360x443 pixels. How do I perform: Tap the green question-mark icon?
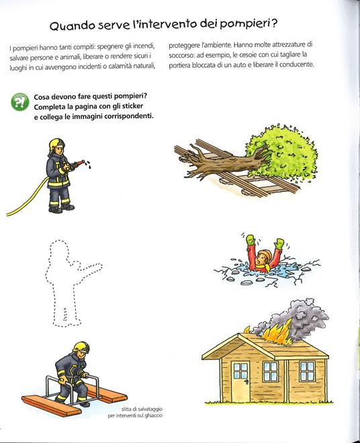coord(19,102)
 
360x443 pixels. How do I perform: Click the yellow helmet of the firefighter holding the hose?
coord(56,144)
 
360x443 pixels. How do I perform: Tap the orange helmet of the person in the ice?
coord(265,256)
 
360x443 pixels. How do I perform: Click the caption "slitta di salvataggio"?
coord(142,409)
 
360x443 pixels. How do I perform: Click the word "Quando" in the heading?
coord(73,26)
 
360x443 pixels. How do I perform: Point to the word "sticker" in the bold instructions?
coord(132,107)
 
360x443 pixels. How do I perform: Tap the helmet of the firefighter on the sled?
coord(82,346)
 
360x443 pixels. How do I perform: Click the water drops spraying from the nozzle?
coord(89,164)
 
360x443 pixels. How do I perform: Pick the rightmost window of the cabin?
coord(306,371)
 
